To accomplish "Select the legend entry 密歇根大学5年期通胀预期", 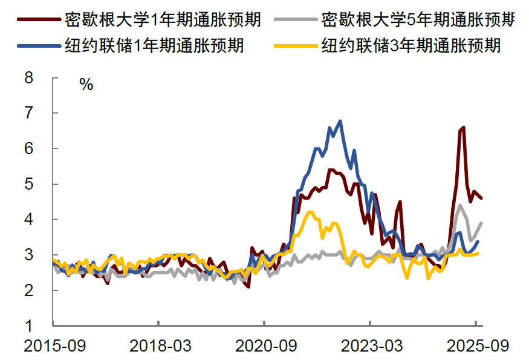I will (x=418, y=20).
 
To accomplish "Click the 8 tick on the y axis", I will (x=29, y=77).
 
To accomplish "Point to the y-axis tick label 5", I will (x=29, y=184).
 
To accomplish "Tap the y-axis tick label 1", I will (x=29, y=326).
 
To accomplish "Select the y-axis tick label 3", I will (x=29, y=255).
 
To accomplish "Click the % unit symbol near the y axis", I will (x=86, y=85).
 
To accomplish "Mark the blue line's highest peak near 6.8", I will (x=340, y=121).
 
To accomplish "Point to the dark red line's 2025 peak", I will (x=463, y=127).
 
